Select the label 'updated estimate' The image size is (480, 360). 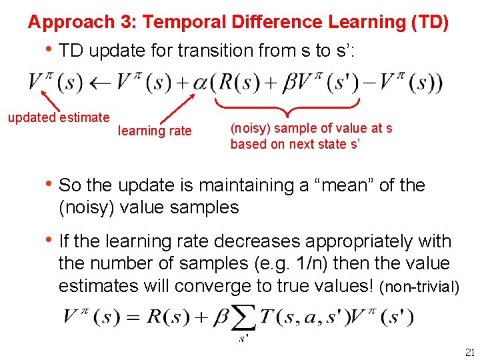coord(58,118)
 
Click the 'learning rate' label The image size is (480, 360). coord(155,131)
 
